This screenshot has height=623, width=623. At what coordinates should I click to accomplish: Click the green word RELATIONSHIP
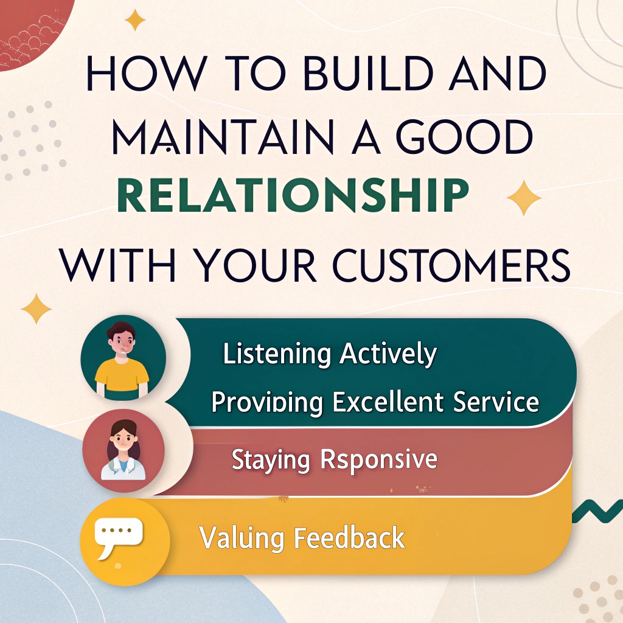(293, 195)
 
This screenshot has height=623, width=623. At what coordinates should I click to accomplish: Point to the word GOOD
(465, 137)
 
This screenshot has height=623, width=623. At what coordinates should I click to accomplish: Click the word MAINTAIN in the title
(223, 137)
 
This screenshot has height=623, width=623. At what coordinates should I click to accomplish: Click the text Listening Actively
(330, 353)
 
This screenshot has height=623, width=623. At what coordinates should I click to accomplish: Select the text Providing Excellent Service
(375, 402)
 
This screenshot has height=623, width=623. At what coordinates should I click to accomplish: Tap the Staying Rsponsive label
(334, 460)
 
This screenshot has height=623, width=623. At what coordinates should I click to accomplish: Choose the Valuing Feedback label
(302, 537)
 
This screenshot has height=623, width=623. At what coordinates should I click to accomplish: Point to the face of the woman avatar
(123, 440)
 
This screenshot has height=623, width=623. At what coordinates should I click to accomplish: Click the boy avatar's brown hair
(121, 332)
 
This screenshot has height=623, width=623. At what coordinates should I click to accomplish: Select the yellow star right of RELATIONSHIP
(524, 198)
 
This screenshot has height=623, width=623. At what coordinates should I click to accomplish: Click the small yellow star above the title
(135, 20)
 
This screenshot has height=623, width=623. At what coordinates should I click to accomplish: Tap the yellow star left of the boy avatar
(36, 308)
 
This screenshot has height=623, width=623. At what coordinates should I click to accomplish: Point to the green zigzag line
(597, 511)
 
